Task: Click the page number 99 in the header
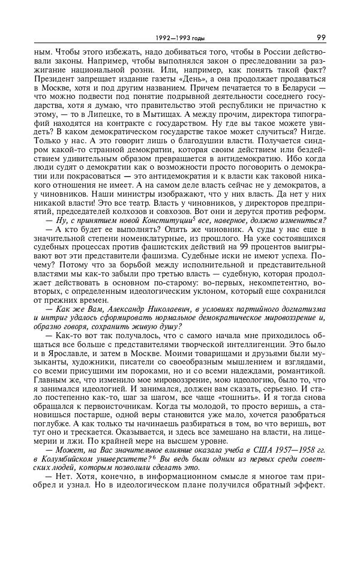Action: coord(321,38)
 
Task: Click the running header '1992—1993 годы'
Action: coord(180,38)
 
